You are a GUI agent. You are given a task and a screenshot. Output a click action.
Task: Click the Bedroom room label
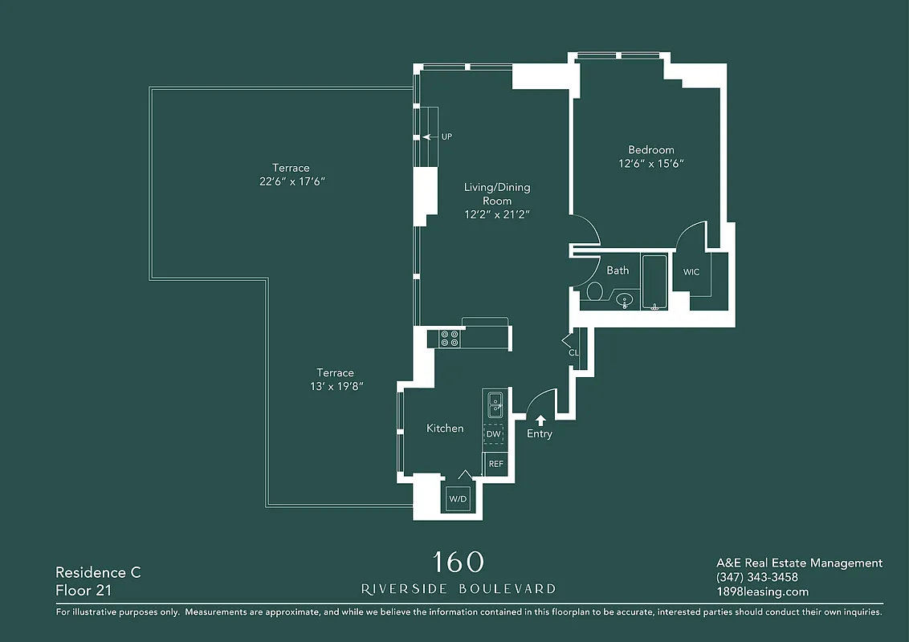click(650, 150)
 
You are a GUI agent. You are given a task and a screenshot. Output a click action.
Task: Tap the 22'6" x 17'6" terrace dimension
click(291, 181)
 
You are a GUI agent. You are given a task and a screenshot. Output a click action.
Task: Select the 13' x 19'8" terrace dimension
click(335, 386)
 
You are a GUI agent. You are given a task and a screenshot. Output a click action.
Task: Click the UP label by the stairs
click(446, 137)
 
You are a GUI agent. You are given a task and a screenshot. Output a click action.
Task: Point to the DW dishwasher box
click(494, 434)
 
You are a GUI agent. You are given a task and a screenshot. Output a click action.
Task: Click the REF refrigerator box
click(495, 464)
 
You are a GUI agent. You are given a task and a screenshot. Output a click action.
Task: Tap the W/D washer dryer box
click(458, 498)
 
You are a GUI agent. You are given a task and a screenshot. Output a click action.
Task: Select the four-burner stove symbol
click(450, 339)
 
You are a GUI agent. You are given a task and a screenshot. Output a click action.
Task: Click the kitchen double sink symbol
click(495, 404)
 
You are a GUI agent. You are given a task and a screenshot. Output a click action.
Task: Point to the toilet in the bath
click(595, 291)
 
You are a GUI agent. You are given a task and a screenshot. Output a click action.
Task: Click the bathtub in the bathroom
click(654, 282)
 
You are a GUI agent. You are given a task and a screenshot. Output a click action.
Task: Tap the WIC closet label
click(691, 272)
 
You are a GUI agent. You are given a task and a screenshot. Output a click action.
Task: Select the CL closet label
click(573, 353)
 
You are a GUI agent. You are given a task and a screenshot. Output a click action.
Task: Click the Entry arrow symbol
click(540, 419)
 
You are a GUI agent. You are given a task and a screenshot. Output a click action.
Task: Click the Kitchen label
click(445, 429)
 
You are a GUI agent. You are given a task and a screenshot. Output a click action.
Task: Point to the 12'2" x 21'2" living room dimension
click(497, 214)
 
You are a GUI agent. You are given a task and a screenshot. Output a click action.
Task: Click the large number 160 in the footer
click(459, 562)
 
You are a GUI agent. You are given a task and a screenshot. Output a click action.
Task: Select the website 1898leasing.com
click(762, 591)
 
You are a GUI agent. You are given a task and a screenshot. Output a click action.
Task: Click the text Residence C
click(98, 572)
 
